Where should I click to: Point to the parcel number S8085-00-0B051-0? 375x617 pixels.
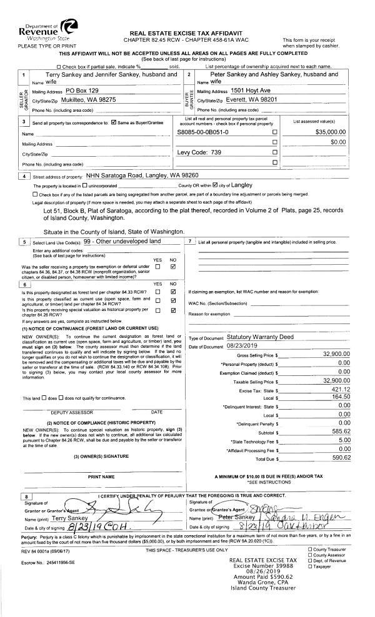click(203, 132)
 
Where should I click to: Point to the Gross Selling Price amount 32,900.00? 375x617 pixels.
click(332, 355)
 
